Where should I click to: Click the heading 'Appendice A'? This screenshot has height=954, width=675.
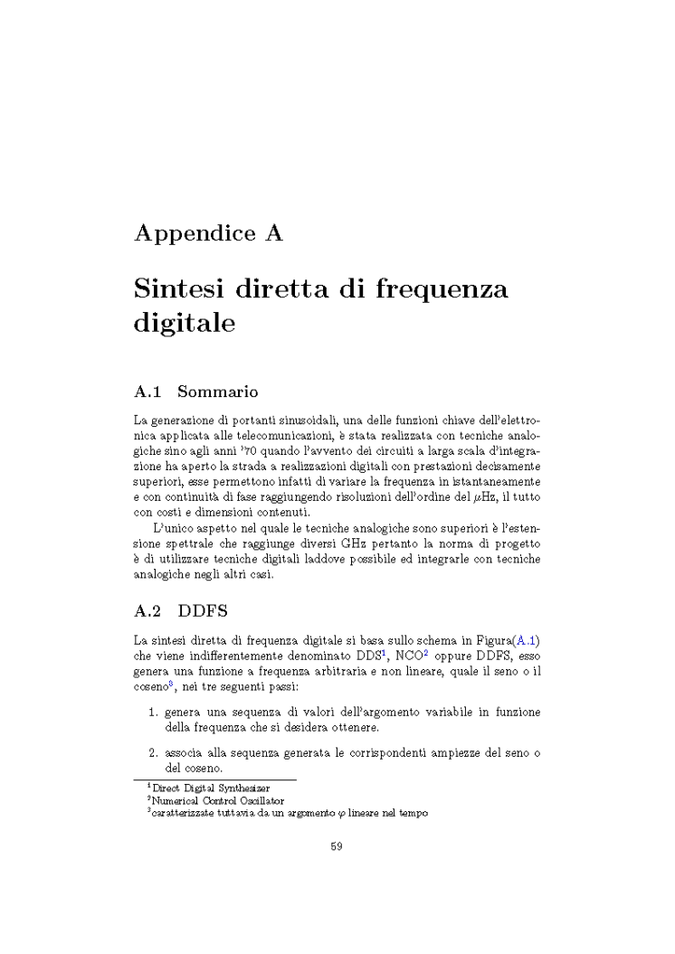pos(208,233)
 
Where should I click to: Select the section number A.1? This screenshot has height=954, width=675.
pos(147,392)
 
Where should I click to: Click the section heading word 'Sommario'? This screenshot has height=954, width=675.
pos(217,392)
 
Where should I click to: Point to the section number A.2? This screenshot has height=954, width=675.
pos(147,611)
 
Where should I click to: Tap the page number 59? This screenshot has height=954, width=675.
pos(337,847)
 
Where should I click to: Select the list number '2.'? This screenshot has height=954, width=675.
pos(154,752)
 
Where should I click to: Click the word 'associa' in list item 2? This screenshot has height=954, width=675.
pos(184,752)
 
